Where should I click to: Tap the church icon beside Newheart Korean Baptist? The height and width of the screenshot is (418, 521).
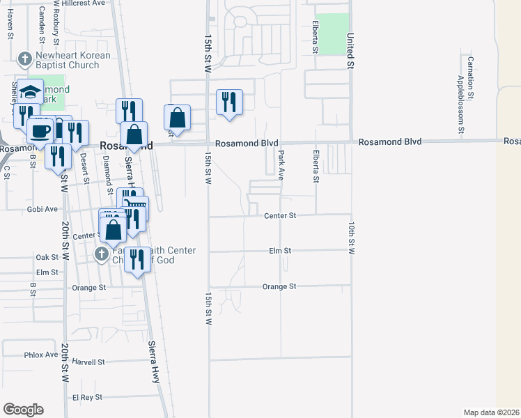coord(24,59)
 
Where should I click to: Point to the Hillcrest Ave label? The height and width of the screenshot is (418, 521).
coord(103,3)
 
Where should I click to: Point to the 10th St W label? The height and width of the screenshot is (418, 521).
coord(352,238)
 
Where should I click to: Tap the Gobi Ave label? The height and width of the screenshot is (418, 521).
coord(42,208)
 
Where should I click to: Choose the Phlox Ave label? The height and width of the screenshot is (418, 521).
coord(41,355)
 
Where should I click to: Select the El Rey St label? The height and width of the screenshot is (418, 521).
coord(88,397)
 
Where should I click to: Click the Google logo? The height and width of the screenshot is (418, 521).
coord(23,410)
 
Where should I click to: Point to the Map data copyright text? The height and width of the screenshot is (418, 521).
coord(492,412)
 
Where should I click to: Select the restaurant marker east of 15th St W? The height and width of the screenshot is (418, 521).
coord(229,103)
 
